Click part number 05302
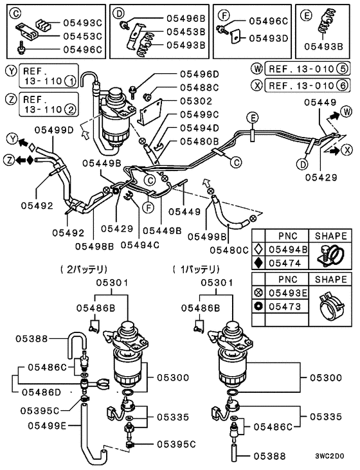(195, 101)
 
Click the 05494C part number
(139, 245)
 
